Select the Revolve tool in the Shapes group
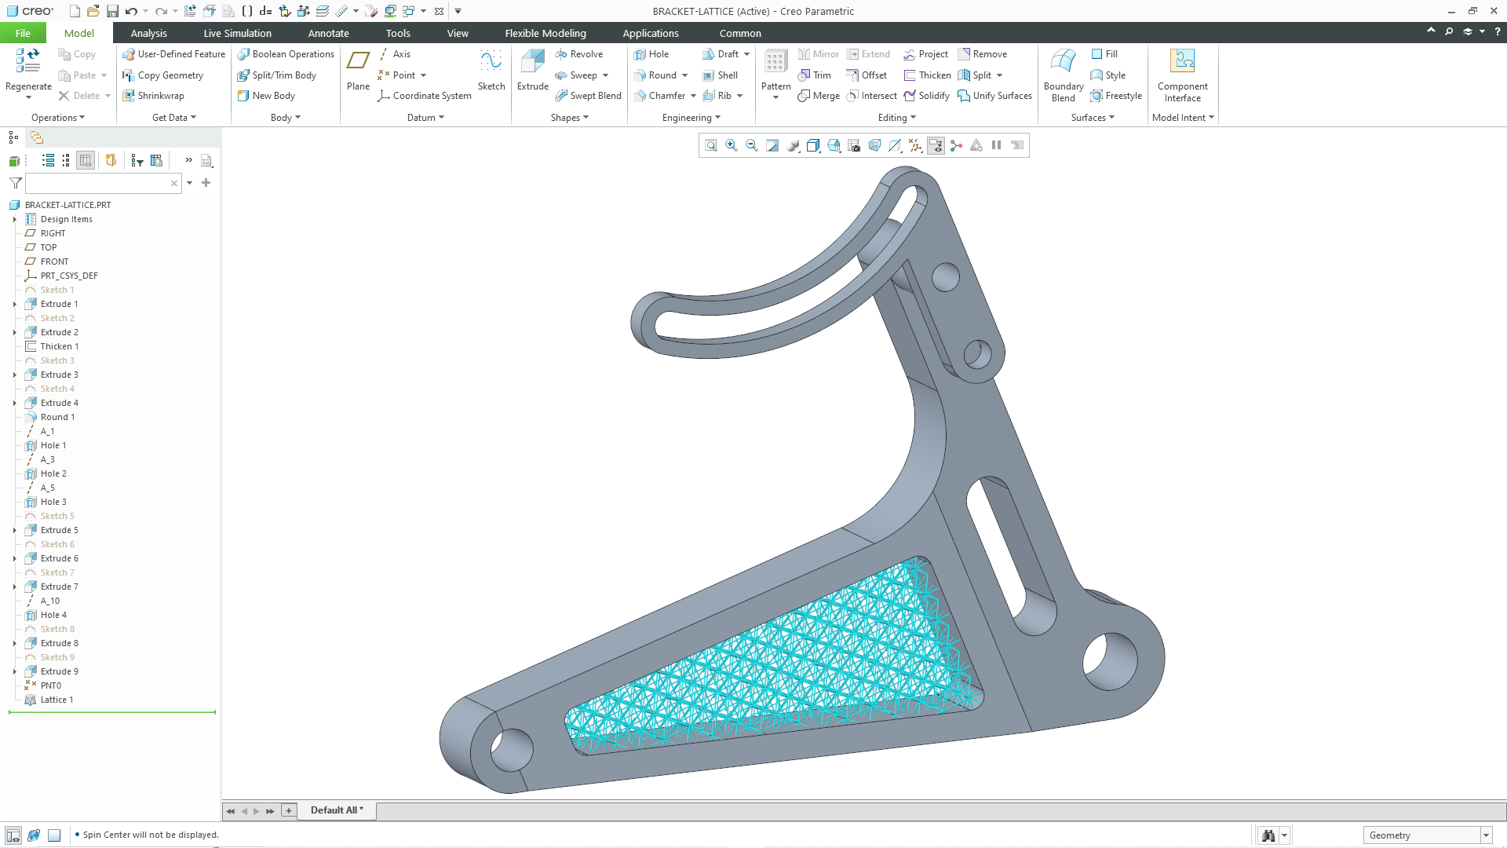(x=579, y=54)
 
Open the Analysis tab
(x=148, y=33)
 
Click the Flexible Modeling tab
(x=545, y=33)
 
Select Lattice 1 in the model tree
(x=57, y=700)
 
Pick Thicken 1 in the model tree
(x=59, y=346)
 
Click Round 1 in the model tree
(x=57, y=417)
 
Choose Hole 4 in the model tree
(x=53, y=615)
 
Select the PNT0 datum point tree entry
(x=50, y=685)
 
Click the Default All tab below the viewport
(x=336, y=810)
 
